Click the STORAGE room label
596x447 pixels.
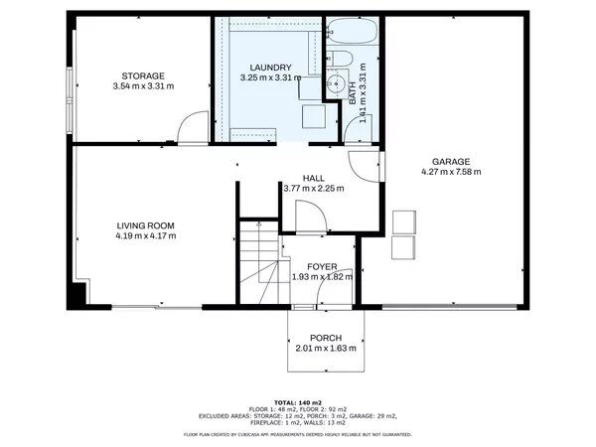pos(143,75)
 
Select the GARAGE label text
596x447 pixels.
pos(450,161)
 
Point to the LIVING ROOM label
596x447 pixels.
pos(145,225)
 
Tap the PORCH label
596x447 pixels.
pos(326,338)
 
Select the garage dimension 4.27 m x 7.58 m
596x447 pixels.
pos(450,172)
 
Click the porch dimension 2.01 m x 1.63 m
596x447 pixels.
pos(326,349)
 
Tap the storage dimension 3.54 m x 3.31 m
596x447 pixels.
pos(143,86)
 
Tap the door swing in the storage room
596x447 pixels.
pos(188,127)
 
